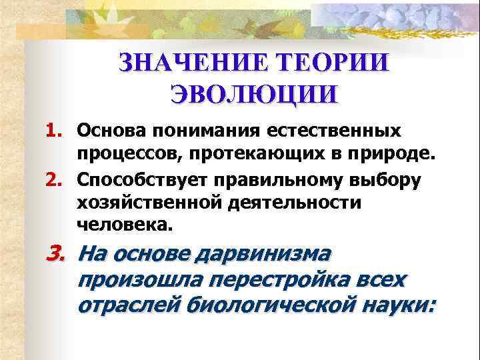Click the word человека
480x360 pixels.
(x=124, y=225)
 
